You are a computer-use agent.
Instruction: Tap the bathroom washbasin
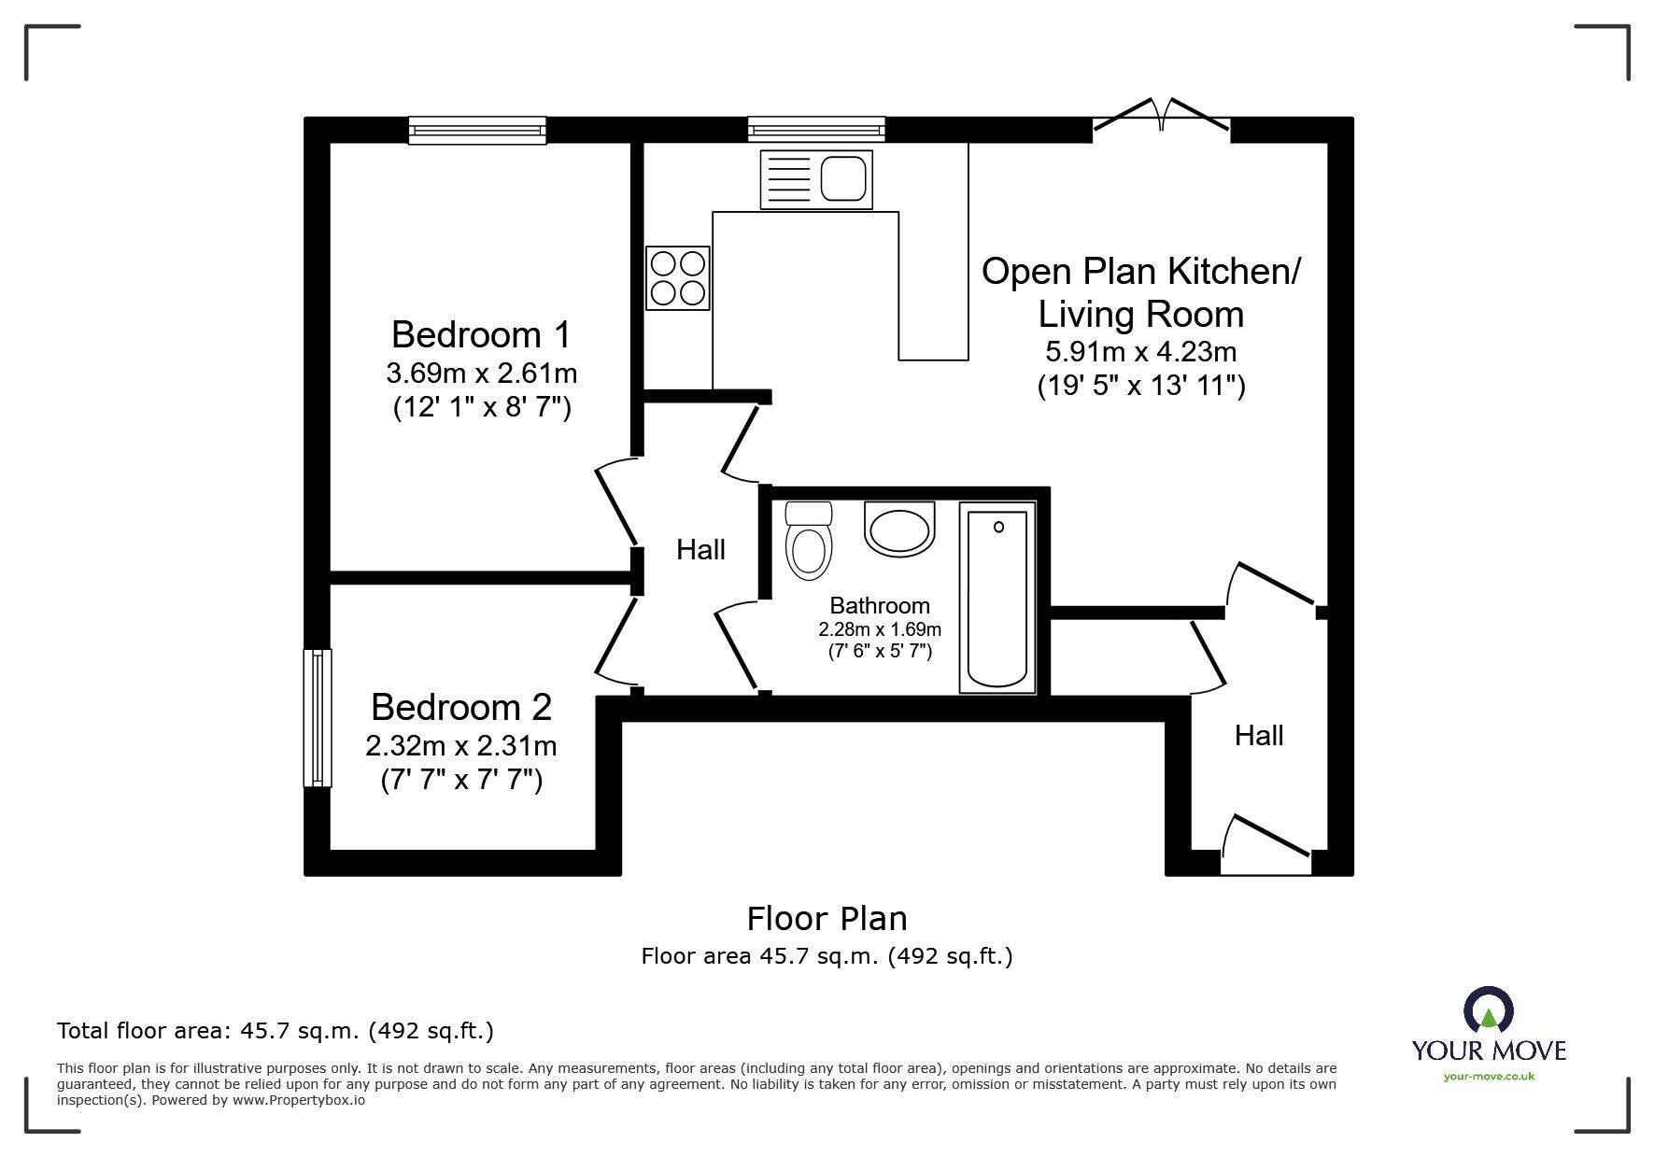(899, 530)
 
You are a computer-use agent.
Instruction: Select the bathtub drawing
(997, 598)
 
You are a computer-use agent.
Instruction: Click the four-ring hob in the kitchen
(678, 277)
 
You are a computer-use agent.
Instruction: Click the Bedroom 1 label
(480, 334)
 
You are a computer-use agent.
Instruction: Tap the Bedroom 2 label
(461, 707)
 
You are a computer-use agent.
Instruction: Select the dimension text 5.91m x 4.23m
(1140, 352)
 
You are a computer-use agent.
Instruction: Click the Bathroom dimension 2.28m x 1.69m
(880, 629)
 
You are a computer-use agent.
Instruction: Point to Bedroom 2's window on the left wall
(318, 717)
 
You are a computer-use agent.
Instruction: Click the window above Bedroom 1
(477, 130)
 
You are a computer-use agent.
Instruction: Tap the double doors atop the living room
(1161, 117)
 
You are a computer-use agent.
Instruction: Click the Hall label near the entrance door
(1258, 736)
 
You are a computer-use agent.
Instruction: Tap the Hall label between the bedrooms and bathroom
(700, 550)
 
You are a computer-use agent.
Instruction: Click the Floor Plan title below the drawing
(827, 919)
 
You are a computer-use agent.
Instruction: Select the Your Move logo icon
(1488, 1012)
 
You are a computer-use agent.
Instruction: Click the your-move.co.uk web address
(1489, 1077)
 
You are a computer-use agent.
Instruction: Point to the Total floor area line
(276, 1031)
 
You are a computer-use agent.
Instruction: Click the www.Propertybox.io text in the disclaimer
(298, 1100)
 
